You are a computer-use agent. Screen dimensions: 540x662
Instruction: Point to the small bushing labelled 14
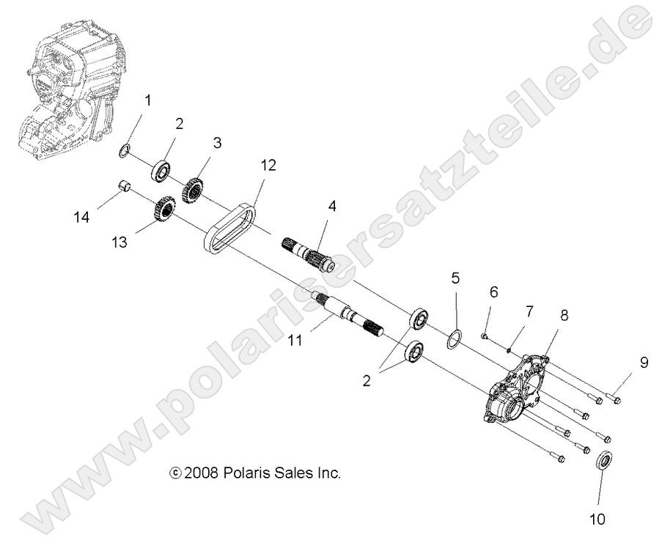tap(125, 187)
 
